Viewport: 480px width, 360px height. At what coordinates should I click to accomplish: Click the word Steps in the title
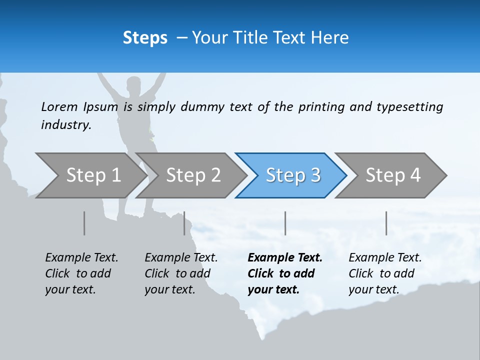pyautogui.click(x=145, y=38)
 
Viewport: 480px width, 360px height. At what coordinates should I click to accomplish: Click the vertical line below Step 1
pyautogui.click(x=84, y=223)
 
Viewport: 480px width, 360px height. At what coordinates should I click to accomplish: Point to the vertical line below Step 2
pyautogui.click(x=184, y=223)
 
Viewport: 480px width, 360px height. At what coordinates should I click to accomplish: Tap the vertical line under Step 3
pyautogui.click(x=285, y=223)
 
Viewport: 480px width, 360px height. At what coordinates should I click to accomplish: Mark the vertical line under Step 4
pyautogui.click(x=386, y=223)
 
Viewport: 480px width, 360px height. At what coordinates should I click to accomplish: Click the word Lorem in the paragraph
pyautogui.click(x=59, y=107)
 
